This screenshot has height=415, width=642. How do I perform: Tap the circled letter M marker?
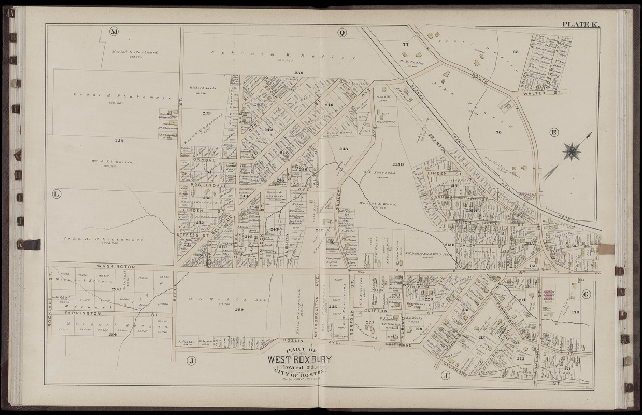click(x=114, y=32)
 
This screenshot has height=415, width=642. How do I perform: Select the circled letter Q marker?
click(x=341, y=33)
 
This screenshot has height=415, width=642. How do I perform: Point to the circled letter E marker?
click(x=553, y=132)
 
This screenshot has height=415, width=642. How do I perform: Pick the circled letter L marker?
click(x=56, y=195)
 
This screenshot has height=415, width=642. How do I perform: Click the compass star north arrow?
click(x=572, y=152)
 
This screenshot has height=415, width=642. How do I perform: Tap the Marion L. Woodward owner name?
click(x=135, y=52)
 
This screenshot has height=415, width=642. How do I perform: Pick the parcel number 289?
click(x=239, y=309)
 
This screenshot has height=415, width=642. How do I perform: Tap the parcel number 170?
click(x=575, y=313)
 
